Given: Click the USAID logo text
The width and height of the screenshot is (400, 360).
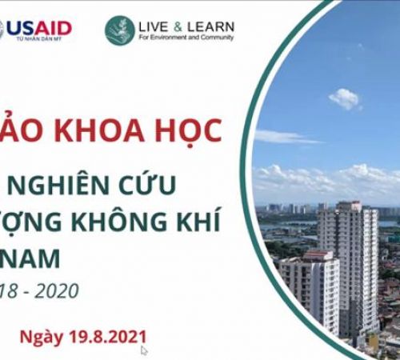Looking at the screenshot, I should [x=43, y=28].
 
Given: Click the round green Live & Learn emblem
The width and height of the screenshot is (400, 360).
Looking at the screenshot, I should [x=120, y=30].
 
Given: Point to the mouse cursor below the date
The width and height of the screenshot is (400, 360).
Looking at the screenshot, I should [x=144, y=350].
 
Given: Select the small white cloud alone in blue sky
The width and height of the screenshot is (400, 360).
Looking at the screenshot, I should [x=345, y=98].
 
